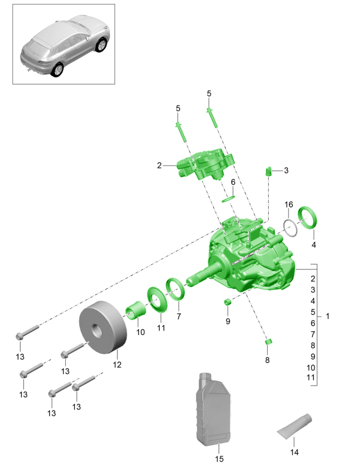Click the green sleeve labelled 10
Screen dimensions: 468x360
(137, 311)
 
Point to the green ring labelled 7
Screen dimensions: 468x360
(176, 289)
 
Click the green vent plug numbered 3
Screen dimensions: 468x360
(270, 170)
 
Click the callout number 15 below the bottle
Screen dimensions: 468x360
(219, 458)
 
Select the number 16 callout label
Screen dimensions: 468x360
(289, 204)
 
